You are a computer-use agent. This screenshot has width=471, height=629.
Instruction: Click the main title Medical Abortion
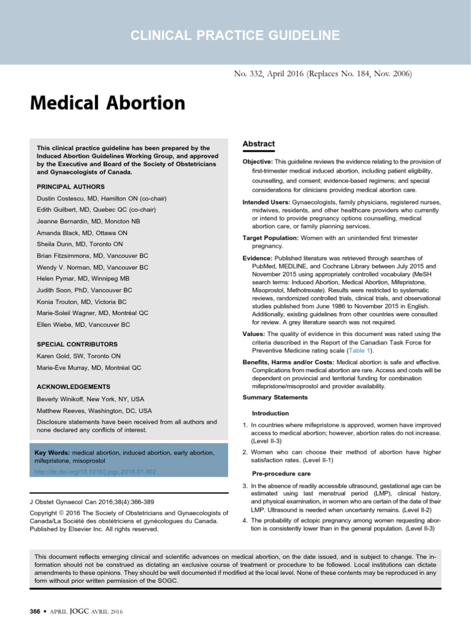click(x=107, y=103)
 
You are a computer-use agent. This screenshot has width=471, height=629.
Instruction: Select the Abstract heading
click(x=259, y=144)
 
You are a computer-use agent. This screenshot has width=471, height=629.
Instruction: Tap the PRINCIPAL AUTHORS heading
click(x=71, y=186)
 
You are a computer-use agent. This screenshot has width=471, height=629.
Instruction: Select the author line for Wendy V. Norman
click(x=93, y=267)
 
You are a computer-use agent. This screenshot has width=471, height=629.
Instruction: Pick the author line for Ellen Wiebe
click(x=83, y=324)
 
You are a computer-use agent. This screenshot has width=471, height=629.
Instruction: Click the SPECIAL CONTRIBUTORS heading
click(x=77, y=344)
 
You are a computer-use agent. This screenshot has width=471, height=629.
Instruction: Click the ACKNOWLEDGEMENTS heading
click(x=73, y=387)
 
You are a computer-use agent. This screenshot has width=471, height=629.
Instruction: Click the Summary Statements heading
click(x=275, y=398)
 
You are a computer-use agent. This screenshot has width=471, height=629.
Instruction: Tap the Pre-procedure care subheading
click(x=280, y=474)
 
